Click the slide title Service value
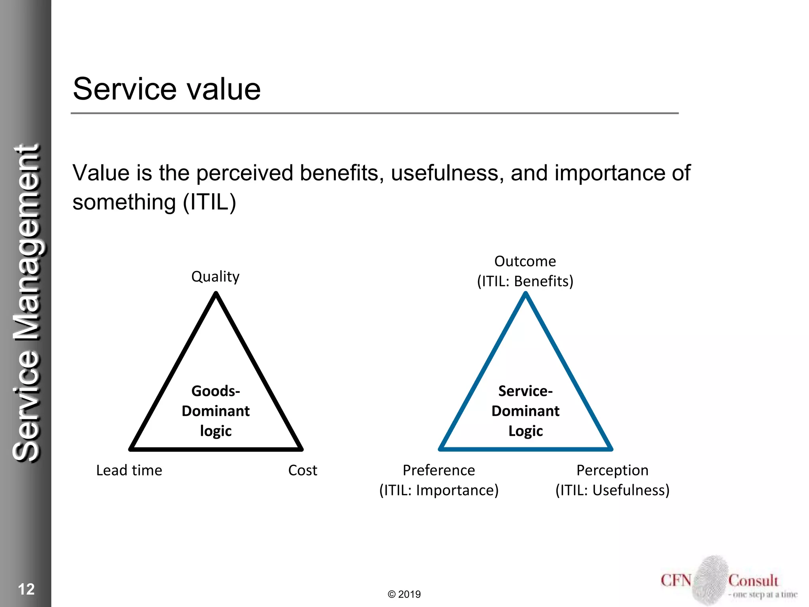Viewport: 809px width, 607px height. click(x=166, y=89)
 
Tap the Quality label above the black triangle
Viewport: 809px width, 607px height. click(x=215, y=276)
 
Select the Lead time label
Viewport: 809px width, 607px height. click(x=129, y=470)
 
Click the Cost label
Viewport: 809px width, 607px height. click(x=303, y=470)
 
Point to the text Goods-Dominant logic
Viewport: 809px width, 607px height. click(x=216, y=411)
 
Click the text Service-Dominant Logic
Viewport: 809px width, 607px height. click(x=525, y=411)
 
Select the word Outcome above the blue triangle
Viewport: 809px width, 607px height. click(x=525, y=261)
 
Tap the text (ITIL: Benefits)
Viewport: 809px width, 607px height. click(x=525, y=281)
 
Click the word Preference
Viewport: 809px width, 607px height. click(x=438, y=470)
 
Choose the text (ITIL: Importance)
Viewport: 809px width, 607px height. click(x=439, y=490)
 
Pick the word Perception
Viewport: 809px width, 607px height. click(x=612, y=470)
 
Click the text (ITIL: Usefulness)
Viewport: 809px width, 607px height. click(x=612, y=490)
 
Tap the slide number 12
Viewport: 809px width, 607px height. click(x=26, y=589)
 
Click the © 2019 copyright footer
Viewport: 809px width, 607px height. click(x=404, y=594)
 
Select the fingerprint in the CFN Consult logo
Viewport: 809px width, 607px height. click(x=710, y=580)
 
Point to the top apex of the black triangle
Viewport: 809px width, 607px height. click(x=216, y=294)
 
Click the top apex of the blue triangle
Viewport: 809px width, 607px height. click(x=526, y=294)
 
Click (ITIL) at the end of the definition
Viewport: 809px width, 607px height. click(x=209, y=202)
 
